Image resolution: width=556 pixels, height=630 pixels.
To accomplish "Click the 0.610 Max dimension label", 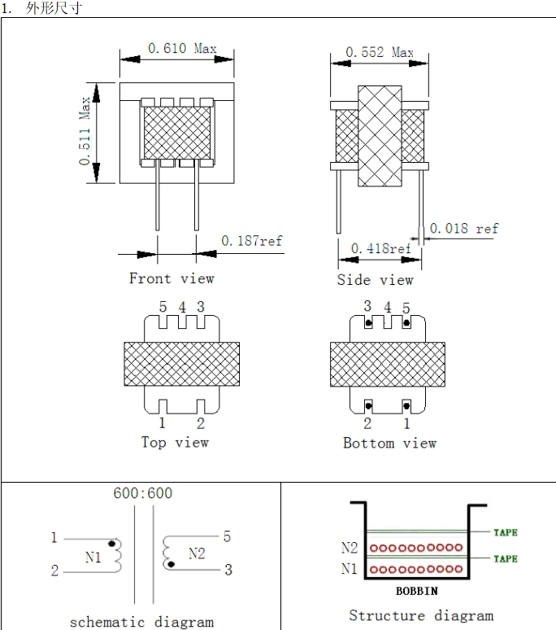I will click(x=182, y=49).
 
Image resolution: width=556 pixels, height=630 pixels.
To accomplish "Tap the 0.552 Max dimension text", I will click(x=379, y=52).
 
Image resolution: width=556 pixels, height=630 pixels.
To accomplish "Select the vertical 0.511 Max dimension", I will click(x=85, y=132).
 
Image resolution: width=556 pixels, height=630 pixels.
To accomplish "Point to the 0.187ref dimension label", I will click(x=251, y=241).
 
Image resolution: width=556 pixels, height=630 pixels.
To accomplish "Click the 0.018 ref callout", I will click(x=463, y=229).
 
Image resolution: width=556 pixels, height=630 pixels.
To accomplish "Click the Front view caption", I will click(x=172, y=278).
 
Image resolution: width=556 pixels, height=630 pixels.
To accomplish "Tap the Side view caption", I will click(x=376, y=280).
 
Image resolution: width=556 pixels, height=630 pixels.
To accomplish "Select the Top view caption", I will click(x=175, y=443).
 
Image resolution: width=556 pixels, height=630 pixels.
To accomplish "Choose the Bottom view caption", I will click(x=389, y=444).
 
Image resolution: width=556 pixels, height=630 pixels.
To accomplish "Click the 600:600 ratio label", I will click(x=142, y=493).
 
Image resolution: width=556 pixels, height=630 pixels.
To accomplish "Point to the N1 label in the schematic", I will click(x=93, y=558).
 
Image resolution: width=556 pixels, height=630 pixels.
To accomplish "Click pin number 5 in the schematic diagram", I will click(x=227, y=536).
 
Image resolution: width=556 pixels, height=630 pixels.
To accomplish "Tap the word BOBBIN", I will click(x=418, y=591).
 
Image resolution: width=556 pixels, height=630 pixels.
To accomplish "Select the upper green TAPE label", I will click(x=505, y=532).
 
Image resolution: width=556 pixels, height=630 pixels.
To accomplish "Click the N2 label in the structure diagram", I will click(x=350, y=549).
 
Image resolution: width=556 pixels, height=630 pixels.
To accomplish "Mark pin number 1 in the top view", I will click(x=162, y=423).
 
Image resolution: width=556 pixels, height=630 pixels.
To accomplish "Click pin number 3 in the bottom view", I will click(x=367, y=307).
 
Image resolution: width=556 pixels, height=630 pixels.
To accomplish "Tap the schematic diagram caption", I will click(x=141, y=622).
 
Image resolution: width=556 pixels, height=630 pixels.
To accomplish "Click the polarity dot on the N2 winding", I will click(x=172, y=563).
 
